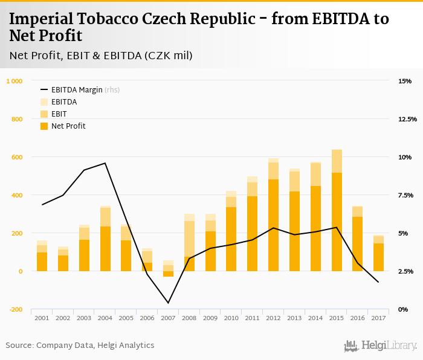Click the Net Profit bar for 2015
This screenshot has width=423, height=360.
point(337,222)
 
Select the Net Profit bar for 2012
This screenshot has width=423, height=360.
point(274,225)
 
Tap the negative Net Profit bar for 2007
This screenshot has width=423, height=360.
point(168,274)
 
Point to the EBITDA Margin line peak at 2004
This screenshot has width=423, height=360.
point(105,163)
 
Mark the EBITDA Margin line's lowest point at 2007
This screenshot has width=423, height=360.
point(168,303)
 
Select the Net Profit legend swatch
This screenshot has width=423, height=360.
point(44,126)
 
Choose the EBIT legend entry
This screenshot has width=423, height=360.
point(59,114)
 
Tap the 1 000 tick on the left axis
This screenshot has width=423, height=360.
point(14,81)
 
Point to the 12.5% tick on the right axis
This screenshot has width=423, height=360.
point(408,119)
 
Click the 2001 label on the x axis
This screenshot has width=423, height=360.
point(42,318)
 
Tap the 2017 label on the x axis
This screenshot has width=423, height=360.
point(378,318)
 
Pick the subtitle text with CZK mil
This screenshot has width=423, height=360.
point(101,56)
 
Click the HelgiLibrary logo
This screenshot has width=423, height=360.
point(380,346)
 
